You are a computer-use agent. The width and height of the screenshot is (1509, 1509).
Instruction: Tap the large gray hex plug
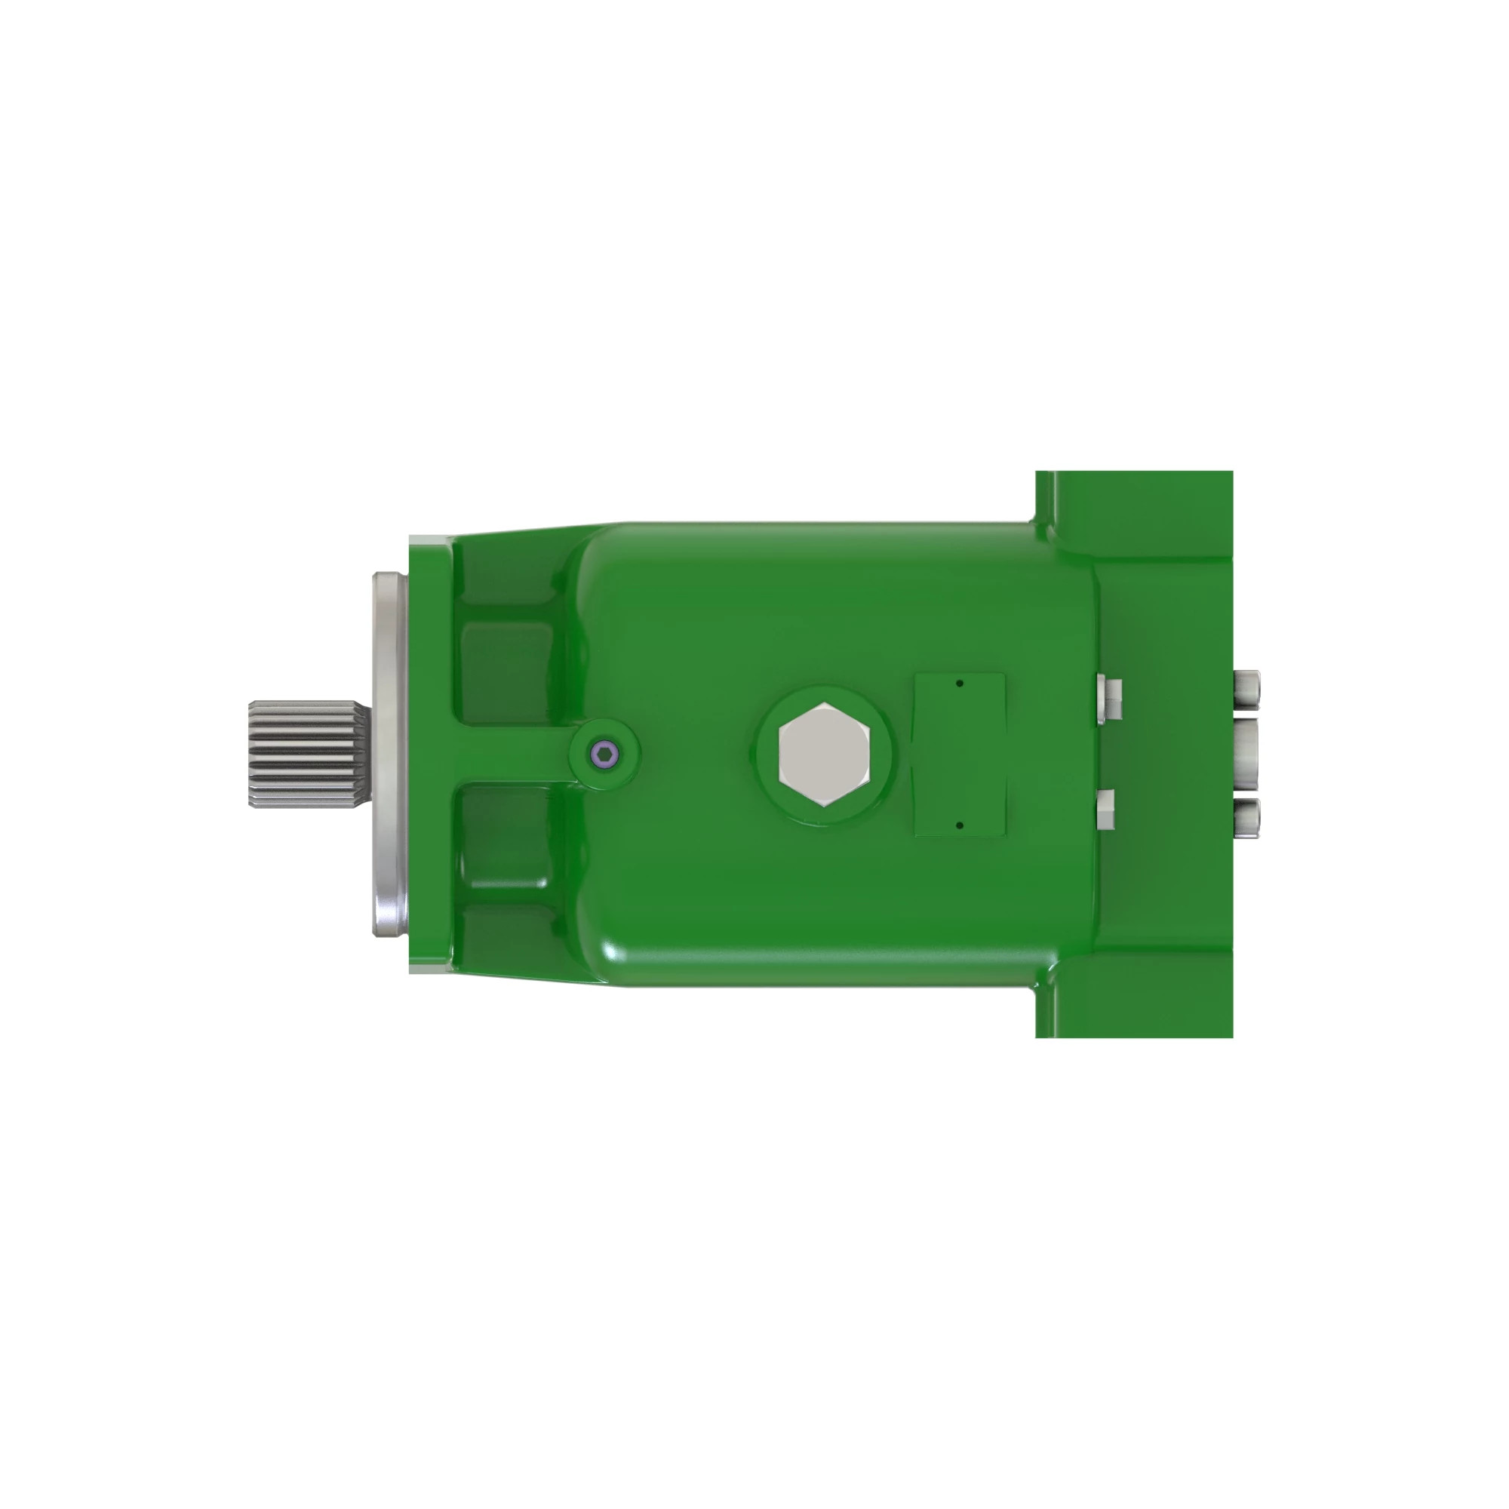[x=823, y=754]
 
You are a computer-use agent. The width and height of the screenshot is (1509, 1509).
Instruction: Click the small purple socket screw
[x=604, y=754]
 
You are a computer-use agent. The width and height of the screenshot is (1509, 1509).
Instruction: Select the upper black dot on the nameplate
[x=960, y=684]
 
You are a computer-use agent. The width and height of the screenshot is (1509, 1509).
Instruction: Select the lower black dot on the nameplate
[x=960, y=825]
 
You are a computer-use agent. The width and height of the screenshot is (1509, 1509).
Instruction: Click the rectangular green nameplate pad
[x=960, y=754]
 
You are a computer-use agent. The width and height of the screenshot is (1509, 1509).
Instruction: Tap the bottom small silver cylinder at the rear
[x=1246, y=817]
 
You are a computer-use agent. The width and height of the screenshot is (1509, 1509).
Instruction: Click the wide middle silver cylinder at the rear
[x=1246, y=754]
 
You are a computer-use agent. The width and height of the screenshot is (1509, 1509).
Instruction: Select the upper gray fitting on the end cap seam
[x=1109, y=696]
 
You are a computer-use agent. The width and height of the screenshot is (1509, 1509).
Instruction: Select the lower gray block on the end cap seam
[x=1106, y=809]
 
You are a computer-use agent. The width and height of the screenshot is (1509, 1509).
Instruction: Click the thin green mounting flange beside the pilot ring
[x=429, y=754]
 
